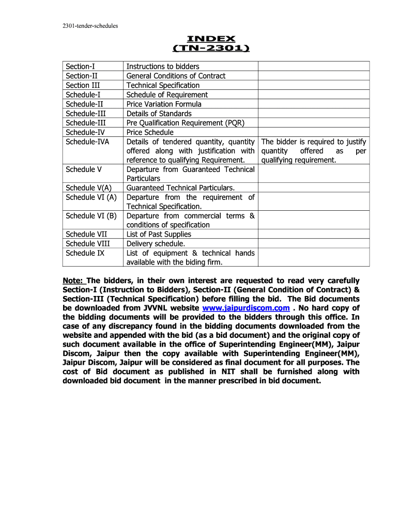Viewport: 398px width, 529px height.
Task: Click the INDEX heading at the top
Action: tap(210, 39)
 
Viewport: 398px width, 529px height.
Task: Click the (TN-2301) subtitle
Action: tap(210, 49)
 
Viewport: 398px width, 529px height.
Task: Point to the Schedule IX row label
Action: tap(85, 253)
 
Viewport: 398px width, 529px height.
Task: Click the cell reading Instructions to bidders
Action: tap(163, 66)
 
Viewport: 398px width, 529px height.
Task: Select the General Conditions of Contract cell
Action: tap(176, 76)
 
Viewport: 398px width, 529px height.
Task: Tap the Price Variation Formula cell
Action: tap(164, 104)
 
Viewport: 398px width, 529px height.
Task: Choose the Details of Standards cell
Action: tap(159, 114)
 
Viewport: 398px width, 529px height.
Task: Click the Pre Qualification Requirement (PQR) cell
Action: tap(185, 123)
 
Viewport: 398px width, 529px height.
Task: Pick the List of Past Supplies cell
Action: tap(159, 235)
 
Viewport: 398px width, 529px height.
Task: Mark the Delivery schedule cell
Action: tap(156, 244)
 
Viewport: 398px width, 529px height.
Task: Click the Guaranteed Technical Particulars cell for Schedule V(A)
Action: tap(180, 188)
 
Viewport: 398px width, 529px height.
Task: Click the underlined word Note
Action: tap(73, 281)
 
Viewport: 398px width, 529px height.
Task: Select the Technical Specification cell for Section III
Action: tap(163, 85)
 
